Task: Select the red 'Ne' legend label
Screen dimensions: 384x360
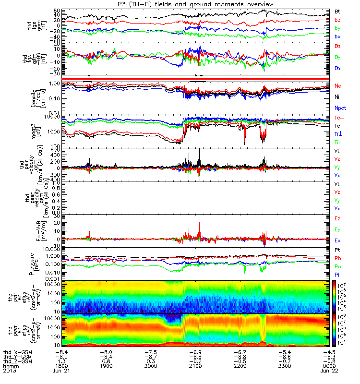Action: pyautogui.click(x=338, y=85)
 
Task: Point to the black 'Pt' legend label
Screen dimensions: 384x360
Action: pyautogui.click(x=337, y=251)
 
